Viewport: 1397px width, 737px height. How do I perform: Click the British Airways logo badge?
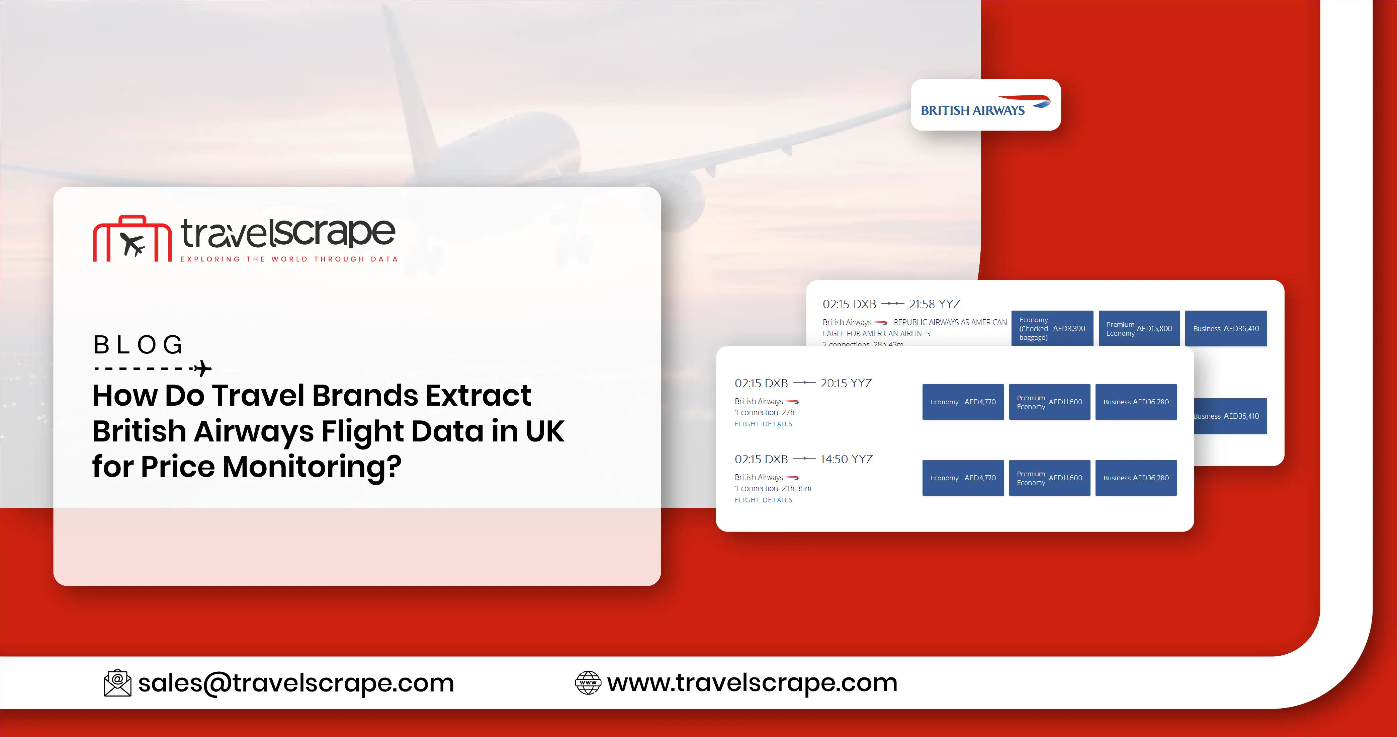pos(985,105)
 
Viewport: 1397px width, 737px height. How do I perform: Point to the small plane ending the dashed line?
pos(203,368)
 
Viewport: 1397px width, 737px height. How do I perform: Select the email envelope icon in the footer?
pos(117,683)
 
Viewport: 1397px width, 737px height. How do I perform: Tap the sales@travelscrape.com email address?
pos(296,683)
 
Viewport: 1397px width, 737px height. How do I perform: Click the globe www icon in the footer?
pos(588,683)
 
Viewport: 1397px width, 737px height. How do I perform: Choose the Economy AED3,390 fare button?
pos(1052,329)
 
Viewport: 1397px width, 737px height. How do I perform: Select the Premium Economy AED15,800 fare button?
pos(1139,329)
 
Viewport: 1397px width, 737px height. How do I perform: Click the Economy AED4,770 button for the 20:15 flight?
pos(963,402)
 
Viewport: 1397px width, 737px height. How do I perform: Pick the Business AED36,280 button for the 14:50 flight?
pos(1136,478)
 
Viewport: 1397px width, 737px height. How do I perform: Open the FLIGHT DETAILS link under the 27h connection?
pos(763,424)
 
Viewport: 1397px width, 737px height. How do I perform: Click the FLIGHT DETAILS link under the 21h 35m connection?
pos(763,500)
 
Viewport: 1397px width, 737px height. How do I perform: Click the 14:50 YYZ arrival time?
pos(846,459)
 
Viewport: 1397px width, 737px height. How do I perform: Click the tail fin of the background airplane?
pos(407,81)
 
